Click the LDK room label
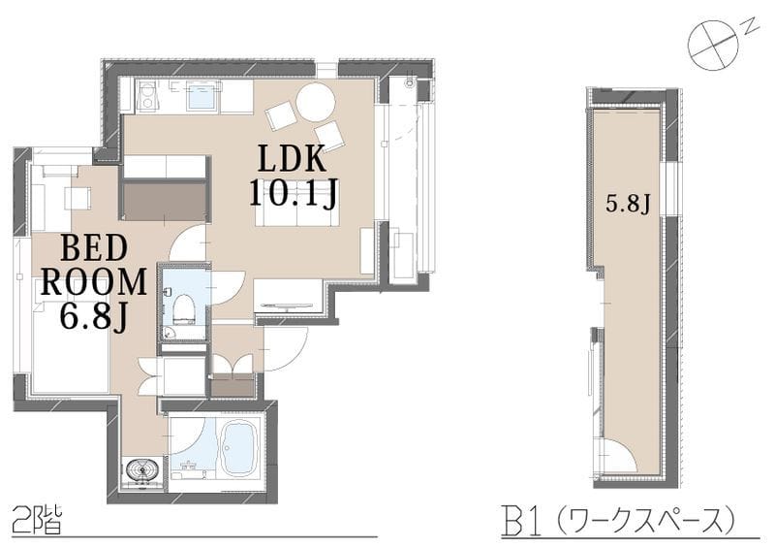coord(293,158)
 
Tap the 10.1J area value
coord(294,193)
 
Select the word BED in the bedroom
coord(94,248)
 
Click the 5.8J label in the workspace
coord(628,204)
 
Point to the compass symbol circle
coord(713,45)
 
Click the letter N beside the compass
coord(752,26)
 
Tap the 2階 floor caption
coord(37,519)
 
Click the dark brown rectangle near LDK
coord(164,201)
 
